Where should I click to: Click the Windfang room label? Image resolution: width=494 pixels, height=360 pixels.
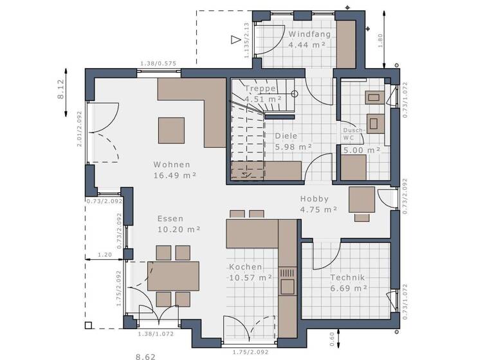click(309, 34)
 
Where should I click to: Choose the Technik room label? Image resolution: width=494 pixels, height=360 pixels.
click(347, 278)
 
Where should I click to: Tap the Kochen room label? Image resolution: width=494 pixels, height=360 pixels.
click(245, 267)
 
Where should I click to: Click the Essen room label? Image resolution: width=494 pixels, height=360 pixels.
click(170, 219)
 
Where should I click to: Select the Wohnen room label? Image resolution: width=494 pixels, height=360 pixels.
click(171, 164)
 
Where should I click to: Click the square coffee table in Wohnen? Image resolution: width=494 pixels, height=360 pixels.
click(171, 130)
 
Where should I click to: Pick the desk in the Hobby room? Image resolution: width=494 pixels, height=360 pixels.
click(361, 199)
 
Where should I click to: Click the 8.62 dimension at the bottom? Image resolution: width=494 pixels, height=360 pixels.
click(145, 355)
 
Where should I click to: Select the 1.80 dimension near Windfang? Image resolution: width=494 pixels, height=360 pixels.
click(380, 40)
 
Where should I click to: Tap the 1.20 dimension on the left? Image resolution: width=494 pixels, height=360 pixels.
click(105, 255)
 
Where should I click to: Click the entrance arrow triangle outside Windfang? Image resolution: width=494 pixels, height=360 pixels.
click(235, 40)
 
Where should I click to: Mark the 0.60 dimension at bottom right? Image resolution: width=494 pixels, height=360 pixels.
click(331, 336)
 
